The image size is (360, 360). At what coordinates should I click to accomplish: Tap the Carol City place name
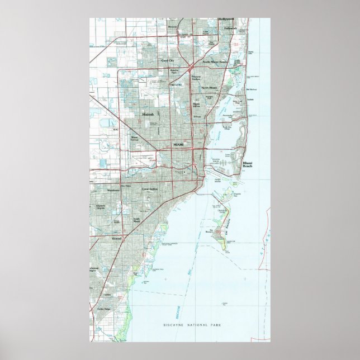point(167,60)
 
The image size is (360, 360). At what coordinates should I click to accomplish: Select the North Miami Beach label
point(215,62)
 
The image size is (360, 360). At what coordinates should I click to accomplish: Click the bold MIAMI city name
point(178,144)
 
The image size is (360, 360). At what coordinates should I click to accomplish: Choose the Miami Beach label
point(248,165)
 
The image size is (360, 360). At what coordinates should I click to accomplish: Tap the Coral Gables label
point(149,188)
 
